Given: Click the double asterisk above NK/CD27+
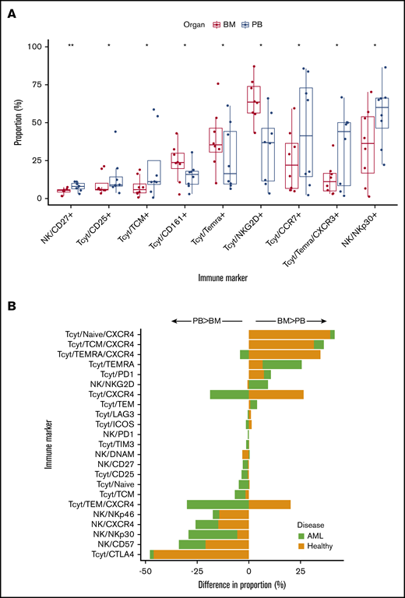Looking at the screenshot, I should (70, 47).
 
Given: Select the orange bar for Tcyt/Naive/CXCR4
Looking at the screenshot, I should (289, 334).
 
